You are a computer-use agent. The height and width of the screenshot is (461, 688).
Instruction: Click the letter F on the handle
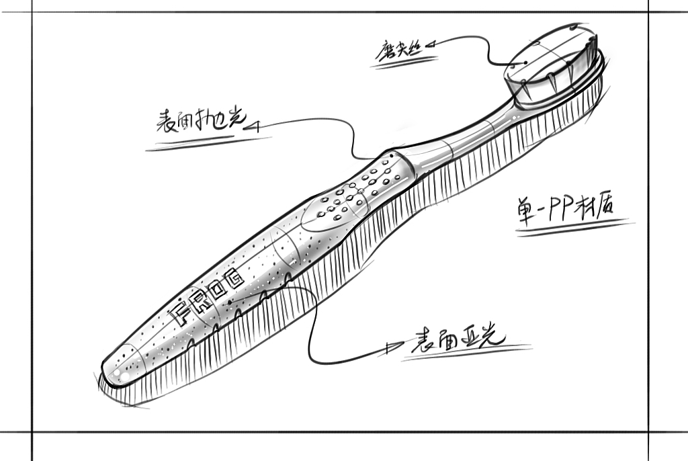coord(179,310)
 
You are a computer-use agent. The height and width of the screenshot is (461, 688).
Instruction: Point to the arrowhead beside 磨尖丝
coord(430,44)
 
